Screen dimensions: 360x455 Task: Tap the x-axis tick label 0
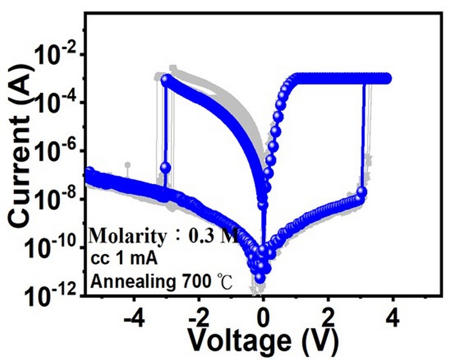click(x=263, y=318)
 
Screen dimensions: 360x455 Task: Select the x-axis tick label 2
click(x=328, y=318)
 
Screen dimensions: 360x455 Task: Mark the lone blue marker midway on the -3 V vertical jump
click(x=165, y=168)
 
